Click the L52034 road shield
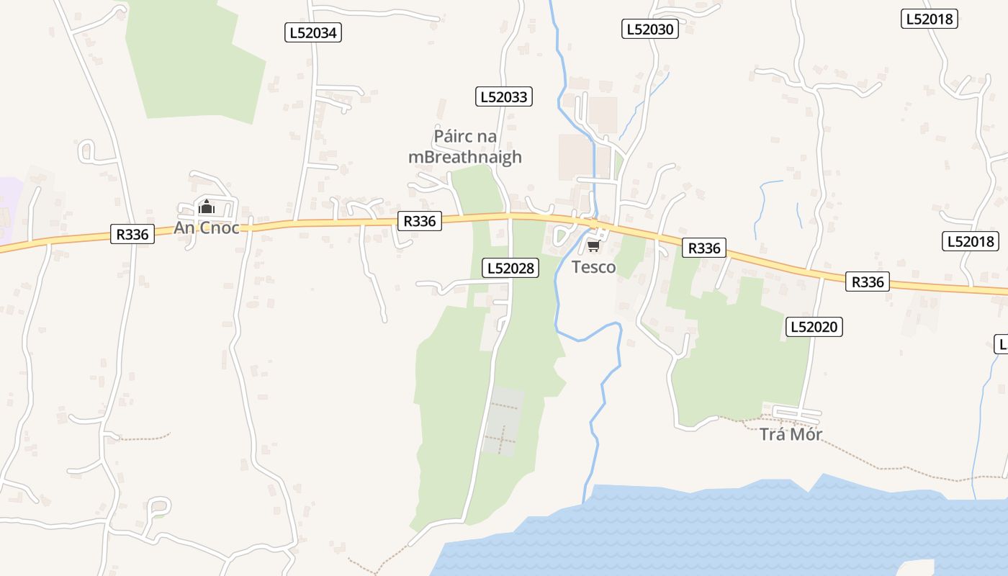(x=312, y=32)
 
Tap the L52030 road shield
(x=649, y=29)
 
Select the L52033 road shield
(x=503, y=96)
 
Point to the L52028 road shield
(x=510, y=268)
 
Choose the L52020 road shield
(x=814, y=327)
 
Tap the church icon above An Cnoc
(x=207, y=208)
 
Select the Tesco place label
(x=593, y=267)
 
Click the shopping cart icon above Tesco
(x=593, y=247)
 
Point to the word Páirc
(x=454, y=136)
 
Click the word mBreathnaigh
(x=464, y=157)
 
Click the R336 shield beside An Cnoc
(x=132, y=234)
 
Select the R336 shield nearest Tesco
(x=703, y=248)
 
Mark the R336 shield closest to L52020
(x=867, y=282)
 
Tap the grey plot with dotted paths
(x=503, y=421)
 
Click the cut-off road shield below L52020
(x=1001, y=344)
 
